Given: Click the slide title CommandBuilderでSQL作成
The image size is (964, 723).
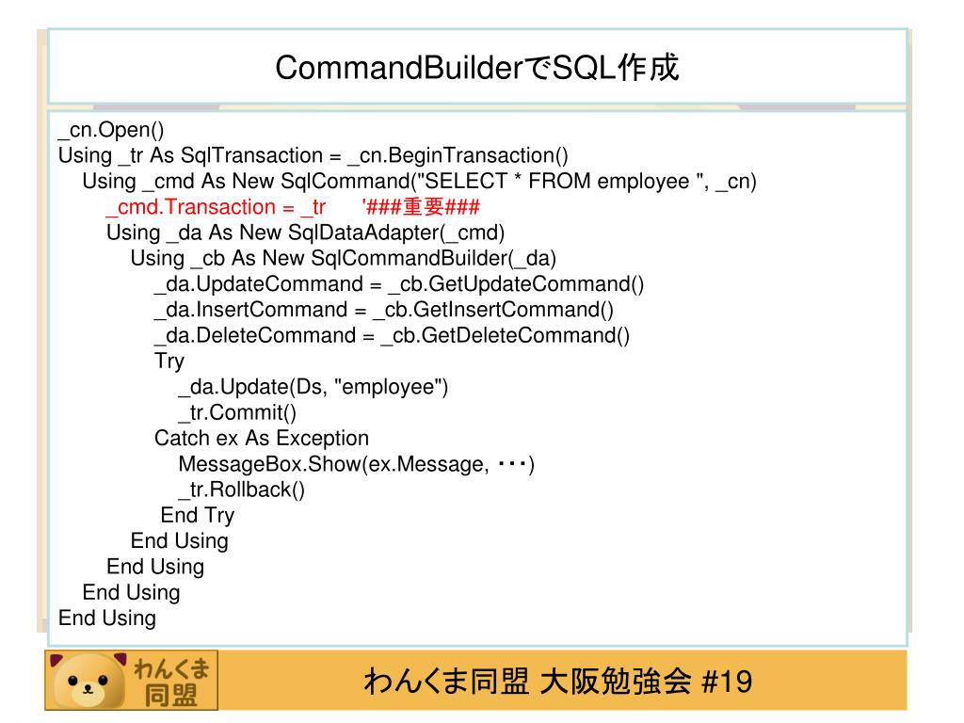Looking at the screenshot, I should pos(477,68).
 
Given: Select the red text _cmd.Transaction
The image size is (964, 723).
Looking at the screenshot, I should pos(189,207).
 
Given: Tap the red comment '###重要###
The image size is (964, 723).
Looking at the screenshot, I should pos(421,207).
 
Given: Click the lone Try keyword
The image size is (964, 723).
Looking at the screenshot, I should pos(169,361).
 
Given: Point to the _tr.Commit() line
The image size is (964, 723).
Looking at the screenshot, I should pos(237,412).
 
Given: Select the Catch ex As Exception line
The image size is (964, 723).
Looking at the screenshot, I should pos(262,438).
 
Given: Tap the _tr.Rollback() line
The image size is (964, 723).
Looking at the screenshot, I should pos(242,490).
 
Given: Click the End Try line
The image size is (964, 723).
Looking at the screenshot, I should pos(198,515).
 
